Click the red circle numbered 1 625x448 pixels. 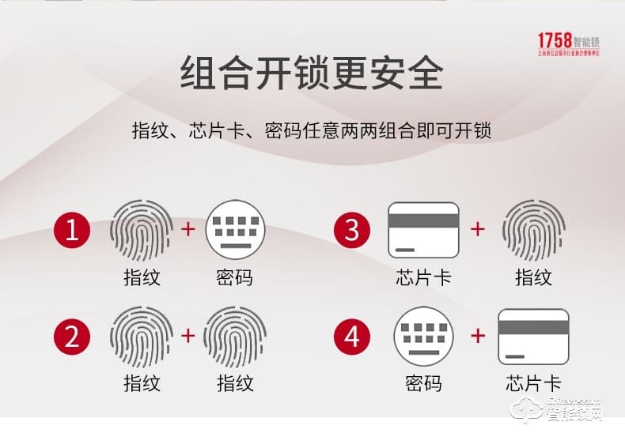73,231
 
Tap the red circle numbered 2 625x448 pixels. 73,337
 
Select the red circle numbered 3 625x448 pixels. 352,231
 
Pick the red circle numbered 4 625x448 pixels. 352,337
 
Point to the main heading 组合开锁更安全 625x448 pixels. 312,73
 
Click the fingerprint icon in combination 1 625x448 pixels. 142,230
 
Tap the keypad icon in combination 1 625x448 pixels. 235,230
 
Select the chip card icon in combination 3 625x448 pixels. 423,230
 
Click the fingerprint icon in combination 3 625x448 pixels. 533,230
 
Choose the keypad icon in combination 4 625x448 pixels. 423,337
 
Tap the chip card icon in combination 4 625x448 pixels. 533,337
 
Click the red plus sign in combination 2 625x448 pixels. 188,336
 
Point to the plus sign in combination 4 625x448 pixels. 478,336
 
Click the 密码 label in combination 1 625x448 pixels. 235,277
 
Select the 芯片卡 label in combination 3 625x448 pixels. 423,277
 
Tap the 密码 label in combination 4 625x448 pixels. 423,384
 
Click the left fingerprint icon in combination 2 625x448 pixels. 142,337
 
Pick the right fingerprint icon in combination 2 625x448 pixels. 235,337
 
